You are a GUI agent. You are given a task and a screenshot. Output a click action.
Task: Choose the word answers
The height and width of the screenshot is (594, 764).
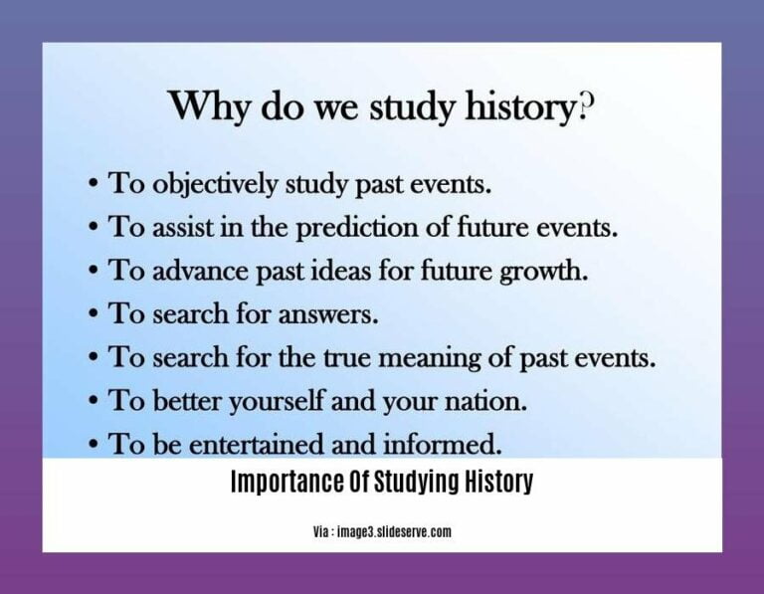click(330, 314)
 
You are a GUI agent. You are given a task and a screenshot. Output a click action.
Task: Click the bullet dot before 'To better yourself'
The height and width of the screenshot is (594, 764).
click(92, 401)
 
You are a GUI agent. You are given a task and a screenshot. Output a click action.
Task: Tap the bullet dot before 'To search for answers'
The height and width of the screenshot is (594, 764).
click(92, 314)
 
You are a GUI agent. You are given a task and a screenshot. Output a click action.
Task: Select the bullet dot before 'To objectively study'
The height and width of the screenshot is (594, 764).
click(92, 184)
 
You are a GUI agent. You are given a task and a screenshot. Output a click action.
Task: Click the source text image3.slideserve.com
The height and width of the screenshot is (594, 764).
click(394, 532)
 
